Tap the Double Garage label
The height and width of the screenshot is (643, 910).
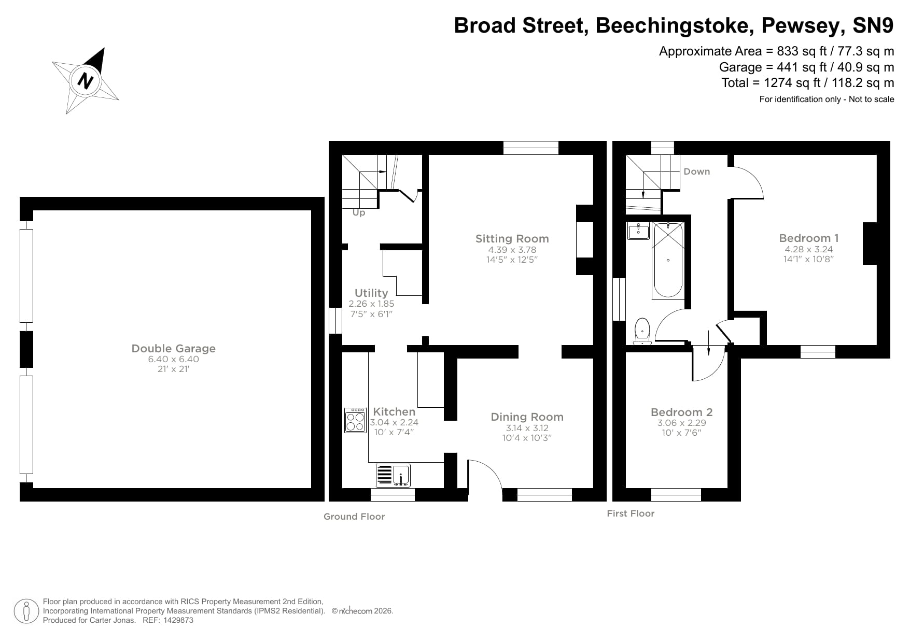pyautogui.click(x=173, y=349)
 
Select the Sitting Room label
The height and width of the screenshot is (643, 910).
pyautogui.click(x=512, y=239)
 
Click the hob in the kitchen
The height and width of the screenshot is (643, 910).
pyautogui.click(x=356, y=420)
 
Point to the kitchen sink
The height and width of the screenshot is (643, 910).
pyautogui.click(x=394, y=475)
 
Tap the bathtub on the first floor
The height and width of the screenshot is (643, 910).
pyautogui.click(x=668, y=261)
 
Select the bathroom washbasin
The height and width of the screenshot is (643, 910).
pyautogui.click(x=638, y=231)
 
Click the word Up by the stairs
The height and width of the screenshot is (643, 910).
pyautogui.click(x=359, y=213)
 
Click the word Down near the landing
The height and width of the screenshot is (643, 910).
pyautogui.click(x=696, y=172)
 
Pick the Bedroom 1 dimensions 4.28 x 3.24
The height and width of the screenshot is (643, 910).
pyautogui.click(x=808, y=249)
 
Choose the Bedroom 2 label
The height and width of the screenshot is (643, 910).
pyautogui.click(x=681, y=412)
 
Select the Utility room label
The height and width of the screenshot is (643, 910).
pyautogui.click(x=371, y=293)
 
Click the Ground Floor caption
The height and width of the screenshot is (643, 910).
pyautogui.click(x=354, y=517)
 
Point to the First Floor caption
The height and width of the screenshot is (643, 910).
pyautogui.click(x=631, y=513)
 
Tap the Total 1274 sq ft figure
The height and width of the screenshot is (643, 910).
pyautogui.click(x=789, y=83)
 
